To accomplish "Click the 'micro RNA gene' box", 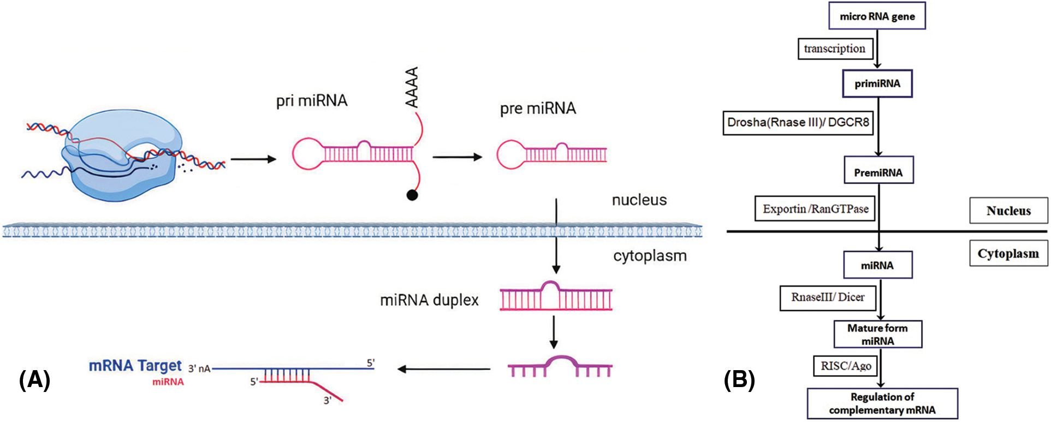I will click(x=877, y=16).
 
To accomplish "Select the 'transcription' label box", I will click(x=835, y=49).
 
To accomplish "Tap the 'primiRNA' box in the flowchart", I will click(x=877, y=84).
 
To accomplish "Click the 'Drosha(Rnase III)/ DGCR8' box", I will click(x=798, y=123).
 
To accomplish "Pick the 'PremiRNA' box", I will click(x=878, y=173).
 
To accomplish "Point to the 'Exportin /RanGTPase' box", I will click(x=815, y=209).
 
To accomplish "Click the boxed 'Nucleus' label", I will click(x=1008, y=211).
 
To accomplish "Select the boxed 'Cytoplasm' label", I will click(x=1008, y=254).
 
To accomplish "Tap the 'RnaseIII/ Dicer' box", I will click(x=828, y=298).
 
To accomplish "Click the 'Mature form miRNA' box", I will click(x=877, y=334).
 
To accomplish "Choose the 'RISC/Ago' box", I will click(x=846, y=366).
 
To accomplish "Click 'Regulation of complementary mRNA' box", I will click(x=882, y=403).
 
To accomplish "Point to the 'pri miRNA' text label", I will click(x=312, y=100).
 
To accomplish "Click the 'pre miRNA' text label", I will click(x=538, y=109).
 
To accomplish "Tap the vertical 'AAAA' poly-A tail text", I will click(x=412, y=87).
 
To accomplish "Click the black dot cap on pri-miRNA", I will click(x=412, y=195).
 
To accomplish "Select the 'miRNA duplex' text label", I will click(x=429, y=300).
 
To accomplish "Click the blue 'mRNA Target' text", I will click(x=135, y=365).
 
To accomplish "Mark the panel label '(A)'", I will click(x=34, y=379).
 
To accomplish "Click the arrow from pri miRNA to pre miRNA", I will click(x=457, y=157).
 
